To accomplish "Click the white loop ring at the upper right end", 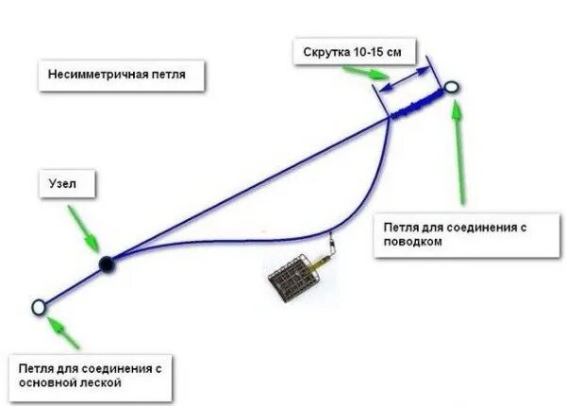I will coord(452,89).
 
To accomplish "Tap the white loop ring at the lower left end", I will coord(40,307).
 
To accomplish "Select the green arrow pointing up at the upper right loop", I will coord(459,151).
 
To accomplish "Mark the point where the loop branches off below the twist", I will coord(389,117).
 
